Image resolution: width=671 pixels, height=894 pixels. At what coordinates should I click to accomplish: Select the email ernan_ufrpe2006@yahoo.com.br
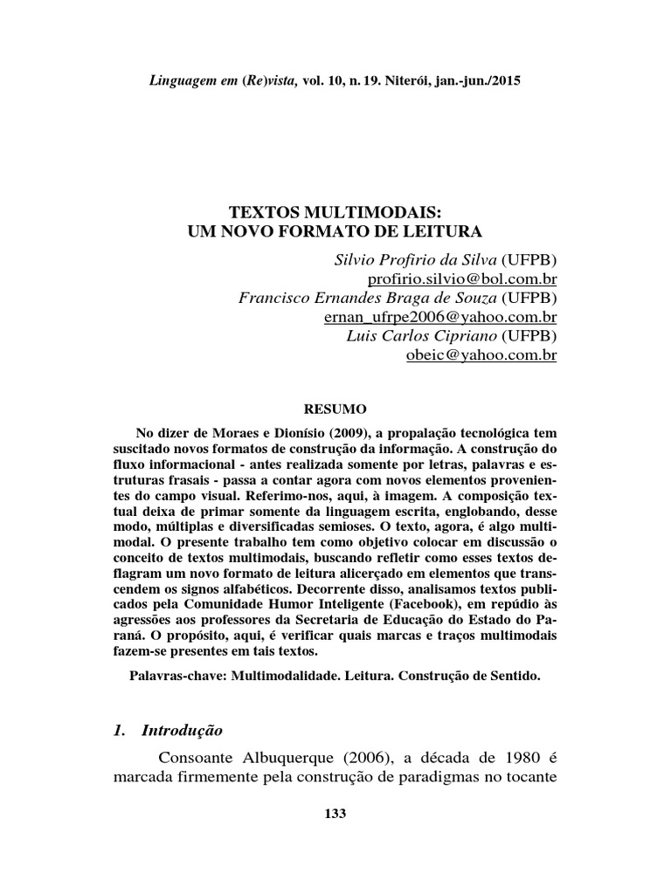click(x=440, y=317)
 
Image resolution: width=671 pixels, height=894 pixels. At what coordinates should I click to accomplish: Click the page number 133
click(x=335, y=814)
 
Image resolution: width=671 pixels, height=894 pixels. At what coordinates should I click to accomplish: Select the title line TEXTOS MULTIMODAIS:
click(x=335, y=213)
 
